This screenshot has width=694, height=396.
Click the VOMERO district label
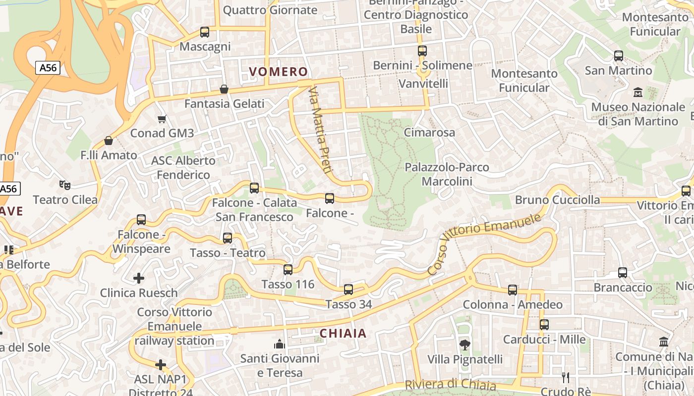click(279, 72)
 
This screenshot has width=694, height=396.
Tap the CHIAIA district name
click(343, 333)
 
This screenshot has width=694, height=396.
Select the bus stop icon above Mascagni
click(204, 32)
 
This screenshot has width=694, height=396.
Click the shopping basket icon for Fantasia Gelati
click(224, 89)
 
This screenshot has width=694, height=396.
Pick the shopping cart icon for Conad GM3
click(162, 119)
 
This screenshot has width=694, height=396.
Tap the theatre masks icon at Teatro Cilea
click(64, 185)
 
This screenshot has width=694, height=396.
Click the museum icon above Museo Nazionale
click(637, 93)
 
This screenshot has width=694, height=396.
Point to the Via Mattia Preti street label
click(319, 130)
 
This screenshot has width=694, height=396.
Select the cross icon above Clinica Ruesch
click(139, 278)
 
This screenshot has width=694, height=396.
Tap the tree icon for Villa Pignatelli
click(464, 345)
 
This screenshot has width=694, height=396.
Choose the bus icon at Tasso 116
click(288, 270)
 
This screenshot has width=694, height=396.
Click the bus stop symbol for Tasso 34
click(348, 290)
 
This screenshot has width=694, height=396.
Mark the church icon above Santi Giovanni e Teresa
click(280, 344)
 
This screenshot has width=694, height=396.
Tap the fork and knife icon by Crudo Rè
click(565, 378)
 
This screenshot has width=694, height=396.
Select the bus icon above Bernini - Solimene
click(422, 51)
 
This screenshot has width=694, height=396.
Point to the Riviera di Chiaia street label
click(450, 385)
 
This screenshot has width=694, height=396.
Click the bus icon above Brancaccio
click(623, 273)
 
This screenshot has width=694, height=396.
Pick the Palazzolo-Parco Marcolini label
click(447, 174)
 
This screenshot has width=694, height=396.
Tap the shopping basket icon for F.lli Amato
click(109, 141)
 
